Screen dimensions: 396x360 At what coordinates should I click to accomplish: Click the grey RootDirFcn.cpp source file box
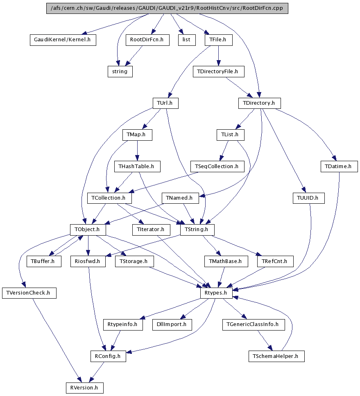(167, 9)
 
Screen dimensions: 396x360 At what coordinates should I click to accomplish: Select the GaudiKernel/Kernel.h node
(63, 40)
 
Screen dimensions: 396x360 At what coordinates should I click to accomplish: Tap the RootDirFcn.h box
(147, 40)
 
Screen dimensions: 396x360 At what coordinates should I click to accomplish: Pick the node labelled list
(186, 40)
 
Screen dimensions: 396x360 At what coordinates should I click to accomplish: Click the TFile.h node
(218, 40)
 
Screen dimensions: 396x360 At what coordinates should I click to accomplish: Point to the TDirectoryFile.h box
(218, 72)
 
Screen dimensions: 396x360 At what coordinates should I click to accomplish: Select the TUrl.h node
(165, 103)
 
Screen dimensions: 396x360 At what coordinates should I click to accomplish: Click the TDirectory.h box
(259, 103)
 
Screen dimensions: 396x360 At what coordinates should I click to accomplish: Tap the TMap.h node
(137, 135)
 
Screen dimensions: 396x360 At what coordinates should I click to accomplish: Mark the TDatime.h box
(339, 166)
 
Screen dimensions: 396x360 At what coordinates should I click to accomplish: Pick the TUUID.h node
(308, 198)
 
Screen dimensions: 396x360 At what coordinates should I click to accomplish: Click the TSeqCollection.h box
(217, 166)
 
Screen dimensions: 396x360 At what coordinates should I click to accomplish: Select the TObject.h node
(88, 230)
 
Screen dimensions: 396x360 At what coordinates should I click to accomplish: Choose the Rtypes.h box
(216, 293)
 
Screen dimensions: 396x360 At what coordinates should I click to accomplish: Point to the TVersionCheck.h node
(29, 293)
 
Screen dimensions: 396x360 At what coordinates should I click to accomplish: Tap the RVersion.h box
(85, 387)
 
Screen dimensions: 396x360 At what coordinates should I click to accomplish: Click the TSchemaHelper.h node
(276, 356)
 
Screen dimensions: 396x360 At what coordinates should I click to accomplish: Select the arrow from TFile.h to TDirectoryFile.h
(218, 56)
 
